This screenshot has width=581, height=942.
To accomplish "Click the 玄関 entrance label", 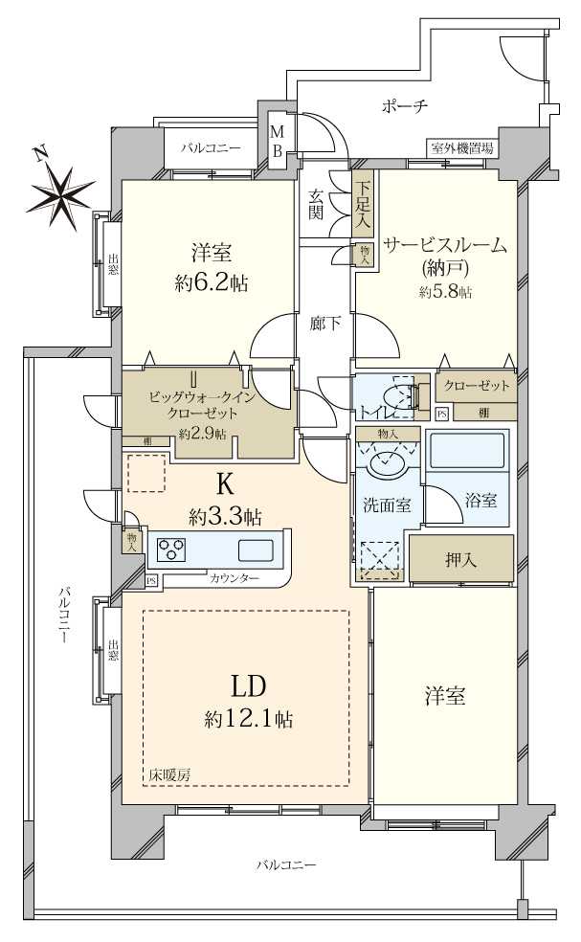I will tap(315, 205).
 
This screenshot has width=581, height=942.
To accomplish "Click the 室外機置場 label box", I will tap(461, 148).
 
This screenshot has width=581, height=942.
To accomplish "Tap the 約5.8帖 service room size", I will tap(445, 292).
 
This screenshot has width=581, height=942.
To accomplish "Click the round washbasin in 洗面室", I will tap(387, 465).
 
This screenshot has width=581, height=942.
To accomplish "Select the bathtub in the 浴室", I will tap(466, 451).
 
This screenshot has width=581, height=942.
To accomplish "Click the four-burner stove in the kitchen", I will tap(171, 550).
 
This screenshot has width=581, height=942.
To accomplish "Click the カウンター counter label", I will tap(235, 579).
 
